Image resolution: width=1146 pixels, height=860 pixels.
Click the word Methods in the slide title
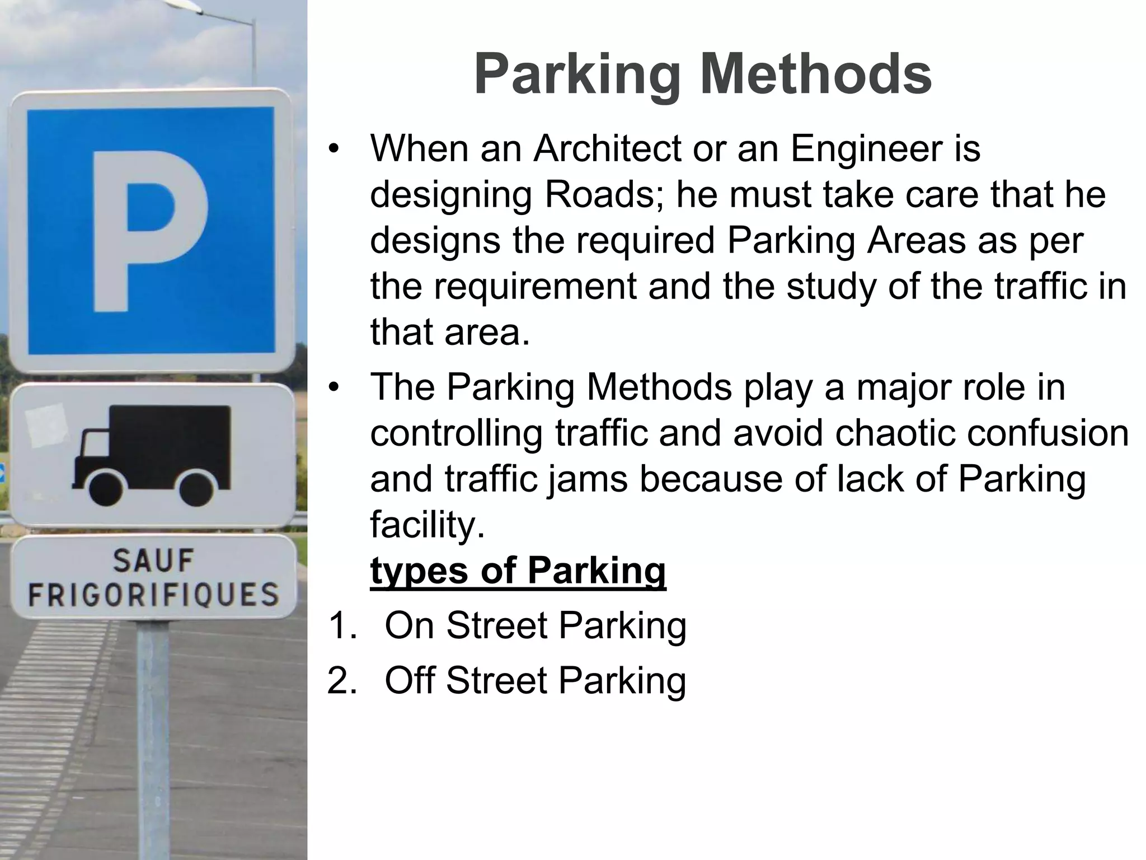pos(816,75)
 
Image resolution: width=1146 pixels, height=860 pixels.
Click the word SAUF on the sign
pos(153,561)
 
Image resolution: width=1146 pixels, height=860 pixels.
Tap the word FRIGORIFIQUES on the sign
pos(153,595)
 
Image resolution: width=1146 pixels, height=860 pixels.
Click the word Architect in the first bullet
pos(608,149)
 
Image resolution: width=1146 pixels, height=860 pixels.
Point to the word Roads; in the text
pos(604,195)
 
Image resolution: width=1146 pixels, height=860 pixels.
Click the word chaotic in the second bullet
pos(889,433)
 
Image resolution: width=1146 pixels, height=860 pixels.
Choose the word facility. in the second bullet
pos(428,525)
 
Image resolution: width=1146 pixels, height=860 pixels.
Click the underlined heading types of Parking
pos(518,571)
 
